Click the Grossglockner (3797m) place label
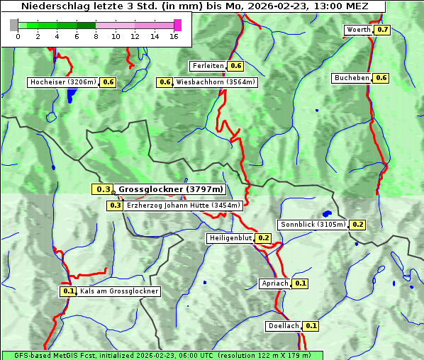coord(170,189)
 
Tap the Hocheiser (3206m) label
coord(63,82)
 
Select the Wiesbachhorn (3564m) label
coord(216,82)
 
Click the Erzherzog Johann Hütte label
coord(184,206)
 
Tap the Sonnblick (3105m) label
coord(313,225)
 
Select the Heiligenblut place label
coord(230,238)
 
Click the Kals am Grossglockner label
coord(119,291)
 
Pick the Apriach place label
coord(275,283)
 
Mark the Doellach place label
coord(284,326)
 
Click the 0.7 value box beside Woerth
coord(383,30)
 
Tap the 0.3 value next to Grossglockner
coord(103,189)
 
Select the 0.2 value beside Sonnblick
coord(358,225)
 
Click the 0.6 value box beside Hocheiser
coord(108,82)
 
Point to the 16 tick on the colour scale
coord(173,36)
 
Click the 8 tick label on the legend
coord(96,36)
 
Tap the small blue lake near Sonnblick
coord(327,213)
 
